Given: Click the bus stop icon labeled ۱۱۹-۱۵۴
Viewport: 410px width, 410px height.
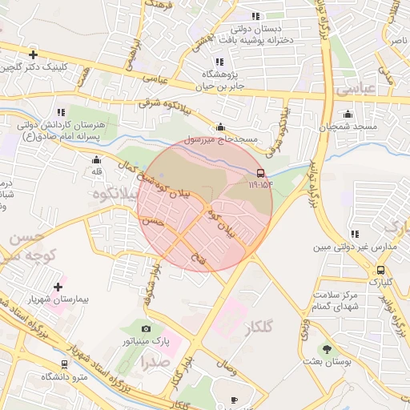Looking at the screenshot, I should coord(260,173).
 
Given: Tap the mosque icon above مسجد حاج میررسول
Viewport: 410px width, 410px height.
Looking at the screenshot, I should coord(221,127).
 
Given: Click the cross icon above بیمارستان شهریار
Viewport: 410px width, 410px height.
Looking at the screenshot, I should coord(58,287).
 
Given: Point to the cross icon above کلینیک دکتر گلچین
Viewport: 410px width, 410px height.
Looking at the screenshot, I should coord(33,55).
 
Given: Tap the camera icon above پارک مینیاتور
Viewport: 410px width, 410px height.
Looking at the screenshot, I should coord(146,328).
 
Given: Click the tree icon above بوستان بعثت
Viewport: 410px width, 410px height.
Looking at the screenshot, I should coord(327,348).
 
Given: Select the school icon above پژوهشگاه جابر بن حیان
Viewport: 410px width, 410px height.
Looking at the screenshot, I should coord(219,62).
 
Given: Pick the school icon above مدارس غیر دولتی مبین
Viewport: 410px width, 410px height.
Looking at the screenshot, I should coord(355,235).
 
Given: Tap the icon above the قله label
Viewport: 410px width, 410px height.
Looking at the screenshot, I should coord(96,159).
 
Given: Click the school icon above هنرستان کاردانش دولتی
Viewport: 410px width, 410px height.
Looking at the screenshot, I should coord(61,112).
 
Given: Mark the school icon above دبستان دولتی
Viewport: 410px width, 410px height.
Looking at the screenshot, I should coord(255,16).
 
